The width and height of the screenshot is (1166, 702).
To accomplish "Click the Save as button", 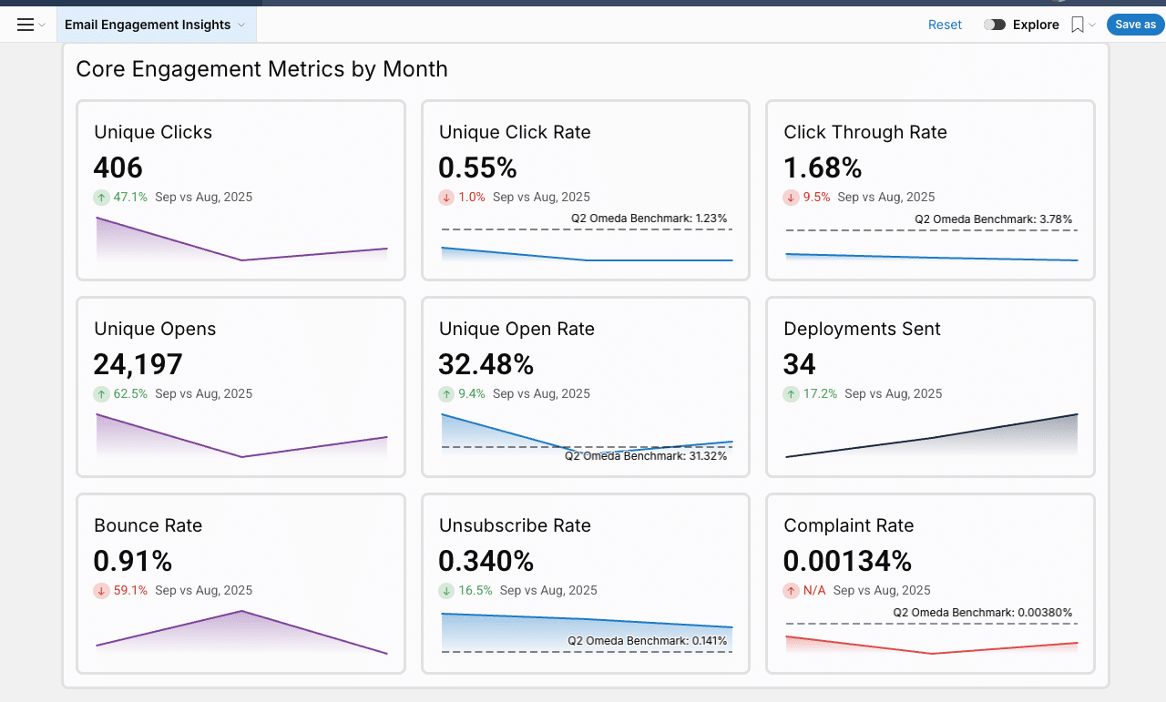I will pos(1135,25).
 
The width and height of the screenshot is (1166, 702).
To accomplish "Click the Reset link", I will pos(945,25).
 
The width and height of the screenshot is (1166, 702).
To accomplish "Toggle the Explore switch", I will pos(994,25).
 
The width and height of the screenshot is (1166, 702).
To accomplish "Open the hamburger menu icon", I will pos(26,25).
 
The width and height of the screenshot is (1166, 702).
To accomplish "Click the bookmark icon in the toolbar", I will pos(1078,25).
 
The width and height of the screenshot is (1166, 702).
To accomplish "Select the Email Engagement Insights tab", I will pos(148,25).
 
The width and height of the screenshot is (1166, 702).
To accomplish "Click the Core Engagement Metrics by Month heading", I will pos(261,69).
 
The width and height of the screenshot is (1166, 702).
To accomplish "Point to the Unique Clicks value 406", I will pos(118,168).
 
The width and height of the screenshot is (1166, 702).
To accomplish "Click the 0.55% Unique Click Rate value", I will pos(477,168).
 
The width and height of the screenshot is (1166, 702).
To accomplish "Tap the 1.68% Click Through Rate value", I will pos(823,168).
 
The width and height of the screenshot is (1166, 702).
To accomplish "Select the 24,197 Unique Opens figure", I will pos(138,364).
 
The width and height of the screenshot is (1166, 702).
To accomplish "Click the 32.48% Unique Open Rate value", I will pos(486,364).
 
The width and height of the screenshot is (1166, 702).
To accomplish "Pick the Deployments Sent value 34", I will pos(800,364).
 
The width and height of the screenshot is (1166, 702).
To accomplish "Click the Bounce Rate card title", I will pos(148,525).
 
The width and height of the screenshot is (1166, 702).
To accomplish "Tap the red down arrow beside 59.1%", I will pos(101,591).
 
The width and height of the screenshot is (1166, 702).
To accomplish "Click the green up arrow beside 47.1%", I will pos(101,198).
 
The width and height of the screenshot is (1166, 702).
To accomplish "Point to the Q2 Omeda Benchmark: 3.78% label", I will pos(993,219).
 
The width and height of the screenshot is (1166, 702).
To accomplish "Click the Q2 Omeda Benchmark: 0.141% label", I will pos(647,640).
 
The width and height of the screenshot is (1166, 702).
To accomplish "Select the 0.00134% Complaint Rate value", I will pos(847,561).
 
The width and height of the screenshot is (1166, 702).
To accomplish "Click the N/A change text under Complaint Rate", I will pos(813,591).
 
